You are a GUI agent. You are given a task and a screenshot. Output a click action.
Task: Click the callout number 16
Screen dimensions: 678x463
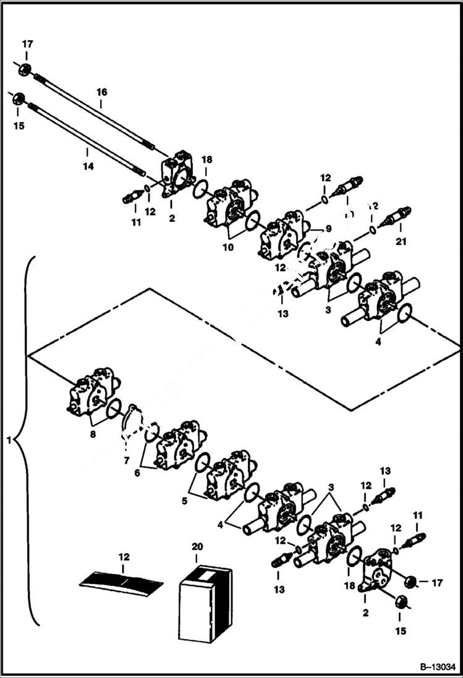click(101, 92)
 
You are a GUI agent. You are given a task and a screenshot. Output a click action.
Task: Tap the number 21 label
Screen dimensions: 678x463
click(401, 242)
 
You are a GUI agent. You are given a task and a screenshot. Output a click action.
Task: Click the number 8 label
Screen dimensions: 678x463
click(92, 435)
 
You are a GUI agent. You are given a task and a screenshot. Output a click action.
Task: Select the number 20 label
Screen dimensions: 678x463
click(197, 547)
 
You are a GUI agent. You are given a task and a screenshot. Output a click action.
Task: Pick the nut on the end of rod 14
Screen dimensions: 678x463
click(18, 99)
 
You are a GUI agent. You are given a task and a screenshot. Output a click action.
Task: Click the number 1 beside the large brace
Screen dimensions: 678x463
click(9, 441)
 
